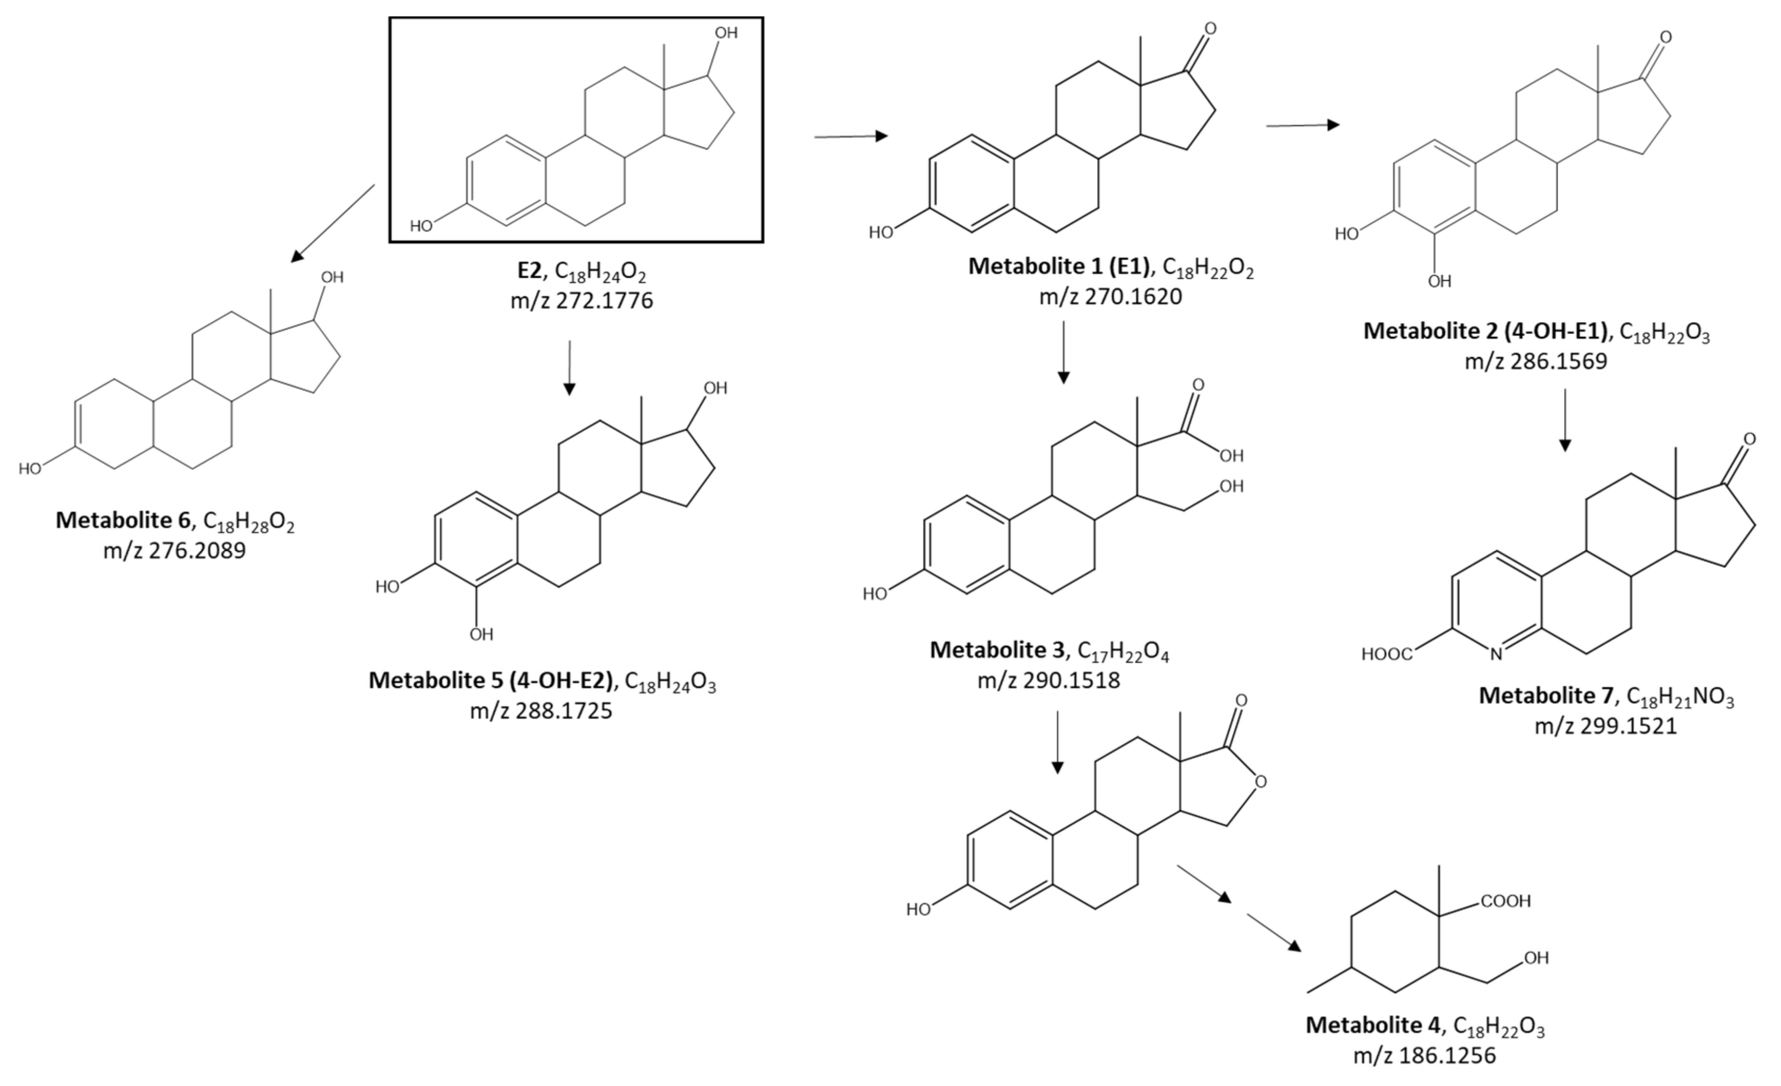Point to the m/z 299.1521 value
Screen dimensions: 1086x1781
[x=1606, y=726]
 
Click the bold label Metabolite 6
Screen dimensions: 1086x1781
[x=123, y=520]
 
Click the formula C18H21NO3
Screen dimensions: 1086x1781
[x=1680, y=697]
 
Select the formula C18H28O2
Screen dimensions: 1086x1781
[x=249, y=522]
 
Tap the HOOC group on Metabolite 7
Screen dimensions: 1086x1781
[x=1386, y=654]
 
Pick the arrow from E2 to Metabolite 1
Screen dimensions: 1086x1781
[x=851, y=136]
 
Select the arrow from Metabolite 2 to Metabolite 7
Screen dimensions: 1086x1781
[x=1565, y=419]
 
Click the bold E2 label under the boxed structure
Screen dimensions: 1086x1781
[x=529, y=271]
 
